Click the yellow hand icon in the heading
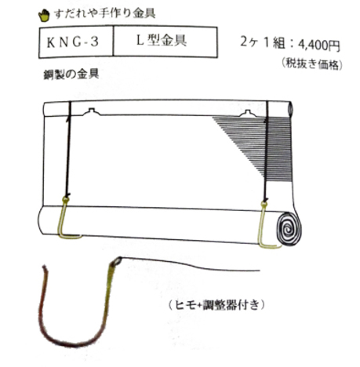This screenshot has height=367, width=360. coord(44,16)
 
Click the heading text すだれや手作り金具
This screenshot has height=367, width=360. coord(105,13)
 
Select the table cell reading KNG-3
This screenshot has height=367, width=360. coord(76,42)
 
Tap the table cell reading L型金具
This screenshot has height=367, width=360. coord(165,42)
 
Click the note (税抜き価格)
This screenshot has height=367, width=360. coord(312,64)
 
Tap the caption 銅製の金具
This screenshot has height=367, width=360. coord(71,74)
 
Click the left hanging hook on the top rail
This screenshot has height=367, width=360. coord(91,112)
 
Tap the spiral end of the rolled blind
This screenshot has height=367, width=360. coord(289,229)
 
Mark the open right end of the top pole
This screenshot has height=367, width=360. coord(289,108)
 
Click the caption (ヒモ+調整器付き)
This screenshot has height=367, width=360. coord(216,305)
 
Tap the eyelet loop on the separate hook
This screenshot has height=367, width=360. coord(118,260)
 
